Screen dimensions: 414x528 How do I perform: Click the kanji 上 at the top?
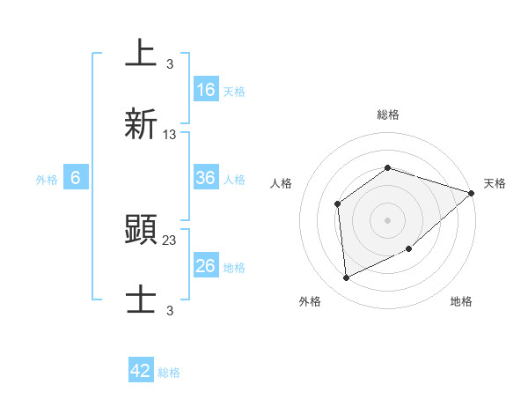[141, 54]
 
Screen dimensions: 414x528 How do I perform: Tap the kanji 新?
[141, 122]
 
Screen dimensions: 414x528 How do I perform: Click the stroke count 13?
[170, 135]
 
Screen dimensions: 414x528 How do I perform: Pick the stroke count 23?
[170, 240]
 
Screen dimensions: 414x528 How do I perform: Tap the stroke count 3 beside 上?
[170, 64]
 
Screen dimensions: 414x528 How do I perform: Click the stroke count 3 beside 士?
[170, 309]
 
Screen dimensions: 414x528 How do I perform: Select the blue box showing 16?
[206, 90]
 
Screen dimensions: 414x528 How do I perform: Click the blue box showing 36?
[206, 178]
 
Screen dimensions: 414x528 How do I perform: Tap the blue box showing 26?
[206, 266]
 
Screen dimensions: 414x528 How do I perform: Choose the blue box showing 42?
[141, 371]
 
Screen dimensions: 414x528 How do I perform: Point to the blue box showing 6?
[76, 178]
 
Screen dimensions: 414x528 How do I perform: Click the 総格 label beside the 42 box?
[169, 373]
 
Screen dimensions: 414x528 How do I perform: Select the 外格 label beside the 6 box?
[47, 180]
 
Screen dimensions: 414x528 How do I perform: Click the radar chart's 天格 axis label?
[495, 183]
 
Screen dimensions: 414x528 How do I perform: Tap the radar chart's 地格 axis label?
[461, 301]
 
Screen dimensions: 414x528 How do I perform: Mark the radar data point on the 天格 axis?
[472, 193]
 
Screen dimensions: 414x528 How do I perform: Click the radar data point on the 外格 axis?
[347, 278]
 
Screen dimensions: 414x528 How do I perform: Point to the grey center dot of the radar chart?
[387, 219]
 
